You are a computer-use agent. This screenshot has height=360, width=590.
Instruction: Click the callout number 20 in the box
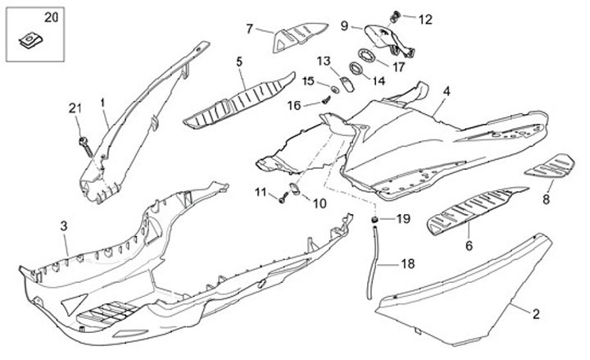(28, 17)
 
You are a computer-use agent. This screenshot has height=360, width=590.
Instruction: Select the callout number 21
(75, 109)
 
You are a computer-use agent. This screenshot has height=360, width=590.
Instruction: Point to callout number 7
(250, 29)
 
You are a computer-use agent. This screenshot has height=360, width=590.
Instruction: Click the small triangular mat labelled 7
(296, 37)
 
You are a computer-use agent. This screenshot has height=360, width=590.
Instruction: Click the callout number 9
(344, 25)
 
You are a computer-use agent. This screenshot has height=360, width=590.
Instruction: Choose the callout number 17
(399, 67)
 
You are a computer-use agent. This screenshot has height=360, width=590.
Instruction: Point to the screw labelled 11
(283, 197)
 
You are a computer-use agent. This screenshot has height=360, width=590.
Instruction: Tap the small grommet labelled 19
(374, 219)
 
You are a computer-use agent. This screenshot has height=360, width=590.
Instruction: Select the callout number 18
(407, 264)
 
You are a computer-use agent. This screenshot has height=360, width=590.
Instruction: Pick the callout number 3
(64, 225)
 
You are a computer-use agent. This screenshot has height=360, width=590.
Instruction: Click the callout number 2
(537, 313)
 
